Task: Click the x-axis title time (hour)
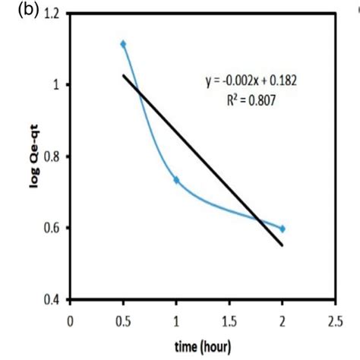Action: (x=201, y=346)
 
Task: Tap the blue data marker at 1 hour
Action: (x=176, y=180)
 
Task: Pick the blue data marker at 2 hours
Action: (x=282, y=229)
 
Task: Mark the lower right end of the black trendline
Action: (x=282, y=245)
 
